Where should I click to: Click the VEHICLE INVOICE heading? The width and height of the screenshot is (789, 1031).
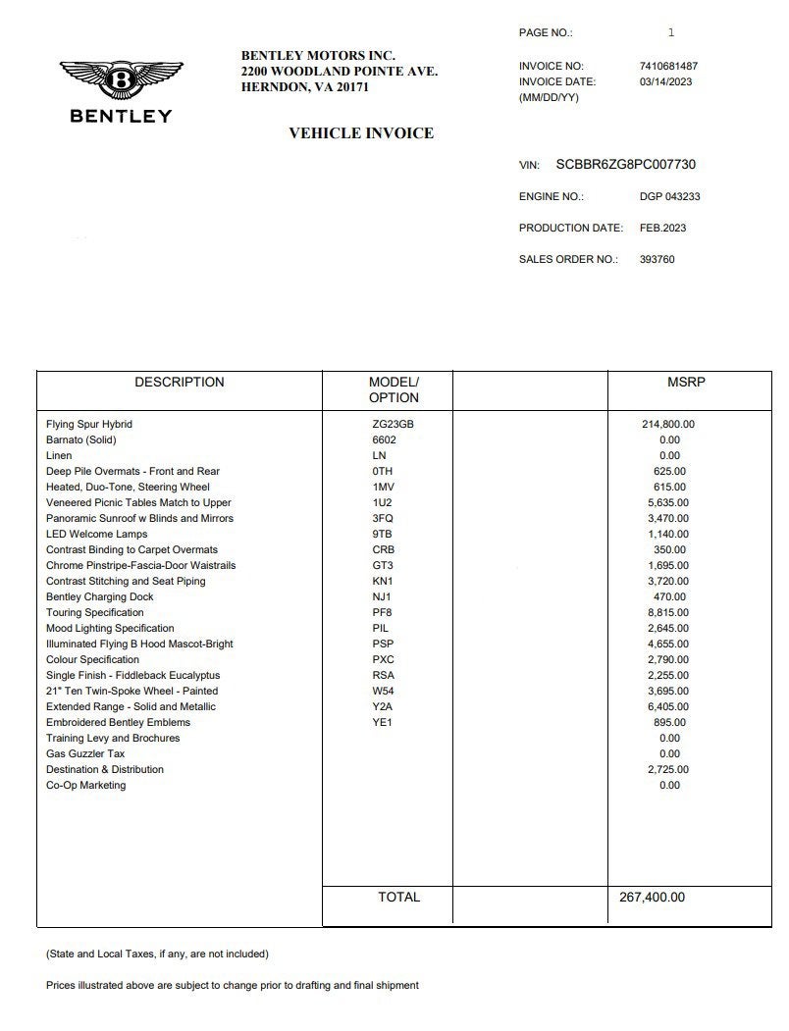tap(360, 133)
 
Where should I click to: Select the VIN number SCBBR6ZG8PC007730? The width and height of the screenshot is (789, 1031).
tap(625, 165)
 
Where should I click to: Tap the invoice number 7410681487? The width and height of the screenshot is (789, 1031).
tap(668, 67)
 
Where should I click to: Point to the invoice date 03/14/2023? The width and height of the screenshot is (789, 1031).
tap(665, 82)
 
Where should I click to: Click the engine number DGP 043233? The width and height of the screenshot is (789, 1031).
tap(669, 196)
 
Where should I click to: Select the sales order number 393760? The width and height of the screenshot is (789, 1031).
tap(657, 260)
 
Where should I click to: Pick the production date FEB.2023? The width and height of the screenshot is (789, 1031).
tap(662, 228)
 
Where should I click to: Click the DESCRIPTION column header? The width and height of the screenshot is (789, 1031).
tap(180, 383)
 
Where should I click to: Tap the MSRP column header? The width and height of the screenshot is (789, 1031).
tap(686, 383)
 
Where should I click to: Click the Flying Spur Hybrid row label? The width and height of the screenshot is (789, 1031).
tap(89, 424)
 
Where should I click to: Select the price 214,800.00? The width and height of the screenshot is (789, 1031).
tap(667, 424)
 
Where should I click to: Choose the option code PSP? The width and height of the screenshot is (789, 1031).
tap(384, 644)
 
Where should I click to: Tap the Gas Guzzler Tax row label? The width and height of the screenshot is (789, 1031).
tap(85, 753)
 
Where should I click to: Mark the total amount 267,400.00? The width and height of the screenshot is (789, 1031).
tap(652, 897)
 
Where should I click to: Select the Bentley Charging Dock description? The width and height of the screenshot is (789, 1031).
tap(100, 596)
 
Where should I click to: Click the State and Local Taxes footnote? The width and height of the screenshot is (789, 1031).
tap(157, 954)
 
